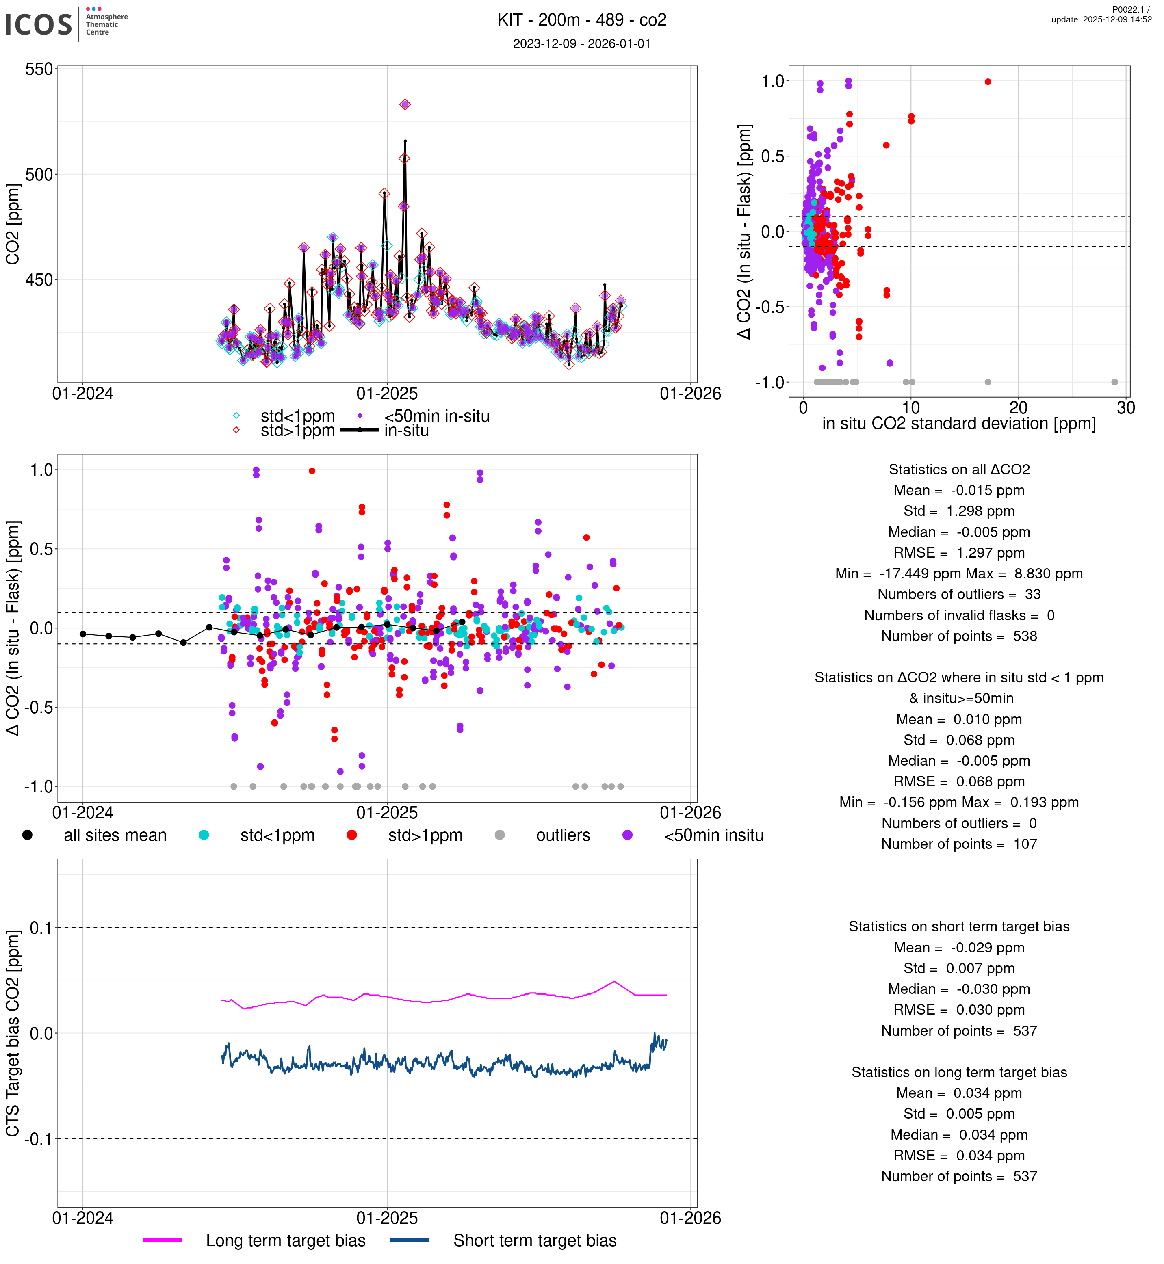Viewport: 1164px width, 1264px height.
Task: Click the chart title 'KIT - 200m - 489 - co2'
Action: pyautogui.click(x=581, y=20)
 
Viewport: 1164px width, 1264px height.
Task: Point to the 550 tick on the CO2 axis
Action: pyautogui.click(x=39, y=69)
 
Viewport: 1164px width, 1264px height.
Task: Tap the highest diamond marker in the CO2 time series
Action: pyautogui.click(x=405, y=104)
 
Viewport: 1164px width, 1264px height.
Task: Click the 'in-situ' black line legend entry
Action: pyautogui.click(x=406, y=431)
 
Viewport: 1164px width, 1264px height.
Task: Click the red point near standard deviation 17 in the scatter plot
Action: pyautogui.click(x=988, y=82)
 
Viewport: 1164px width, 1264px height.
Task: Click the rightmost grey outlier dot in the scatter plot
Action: pyautogui.click(x=1114, y=382)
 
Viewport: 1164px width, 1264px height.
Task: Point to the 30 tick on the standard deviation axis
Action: pyautogui.click(x=1125, y=408)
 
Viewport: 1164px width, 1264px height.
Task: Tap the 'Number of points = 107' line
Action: pyautogui.click(x=959, y=844)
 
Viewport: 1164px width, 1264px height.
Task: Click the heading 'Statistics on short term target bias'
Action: pyautogui.click(x=959, y=926)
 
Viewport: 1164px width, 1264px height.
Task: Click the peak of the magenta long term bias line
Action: pyautogui.click(x=614, y=982)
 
